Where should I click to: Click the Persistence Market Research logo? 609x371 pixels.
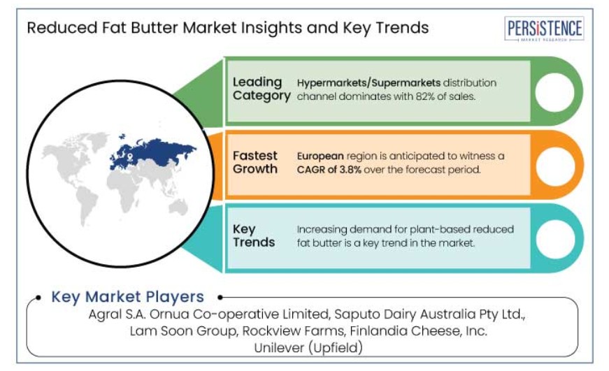point(544,29)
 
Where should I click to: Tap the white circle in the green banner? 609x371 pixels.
point(554,92)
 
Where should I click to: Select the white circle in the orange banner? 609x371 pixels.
point(555,166)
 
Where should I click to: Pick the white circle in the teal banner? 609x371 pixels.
point(555,240)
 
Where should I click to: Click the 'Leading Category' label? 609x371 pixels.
point(261,89)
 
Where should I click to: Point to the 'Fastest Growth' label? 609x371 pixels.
point(255,162)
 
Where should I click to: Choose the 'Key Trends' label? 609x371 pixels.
point(254,235)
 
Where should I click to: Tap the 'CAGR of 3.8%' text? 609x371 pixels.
point(329,170)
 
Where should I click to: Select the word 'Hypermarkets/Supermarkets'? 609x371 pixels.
point(368,83)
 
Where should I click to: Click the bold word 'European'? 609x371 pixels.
point(320,156)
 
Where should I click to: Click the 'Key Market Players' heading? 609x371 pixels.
point(127,297)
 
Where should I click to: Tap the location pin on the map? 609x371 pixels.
point(130,157)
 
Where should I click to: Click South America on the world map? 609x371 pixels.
point(87,205)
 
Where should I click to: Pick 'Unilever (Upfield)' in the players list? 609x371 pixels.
point(308,348)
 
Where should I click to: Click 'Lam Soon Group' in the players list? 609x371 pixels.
point(183,331)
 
